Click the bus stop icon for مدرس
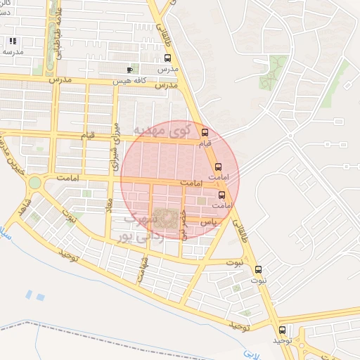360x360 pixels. pos(167,59)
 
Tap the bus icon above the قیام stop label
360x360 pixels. pos(205,132)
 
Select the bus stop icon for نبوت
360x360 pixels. pos(258,269)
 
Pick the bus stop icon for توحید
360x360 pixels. pos(282,330)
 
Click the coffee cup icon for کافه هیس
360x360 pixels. pos(129,70)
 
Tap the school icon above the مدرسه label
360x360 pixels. pos(13,41)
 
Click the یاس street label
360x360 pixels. pos(207,221)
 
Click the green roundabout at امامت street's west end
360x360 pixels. pos(34,183)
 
